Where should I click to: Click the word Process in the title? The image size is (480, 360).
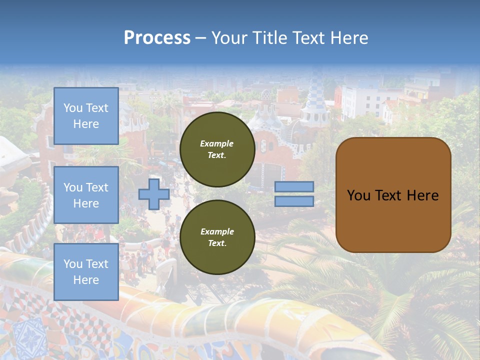pos(157,37)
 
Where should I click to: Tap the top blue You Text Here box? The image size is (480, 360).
pos(86,116)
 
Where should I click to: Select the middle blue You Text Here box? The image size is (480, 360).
pos(86,195)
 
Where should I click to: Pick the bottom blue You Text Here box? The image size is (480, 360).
pos(86,272)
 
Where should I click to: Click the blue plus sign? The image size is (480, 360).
pos(153,194)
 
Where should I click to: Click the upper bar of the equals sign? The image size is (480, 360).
pos(294,186)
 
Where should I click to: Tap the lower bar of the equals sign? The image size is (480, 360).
pos(294,201)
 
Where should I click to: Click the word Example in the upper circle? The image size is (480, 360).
pos(216,143)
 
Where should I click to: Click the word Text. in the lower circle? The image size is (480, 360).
pos(216,243)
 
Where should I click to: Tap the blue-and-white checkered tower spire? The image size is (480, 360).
pos(316,92)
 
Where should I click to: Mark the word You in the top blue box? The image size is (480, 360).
pos(73,108)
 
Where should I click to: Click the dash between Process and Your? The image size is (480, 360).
pos(201,38)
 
